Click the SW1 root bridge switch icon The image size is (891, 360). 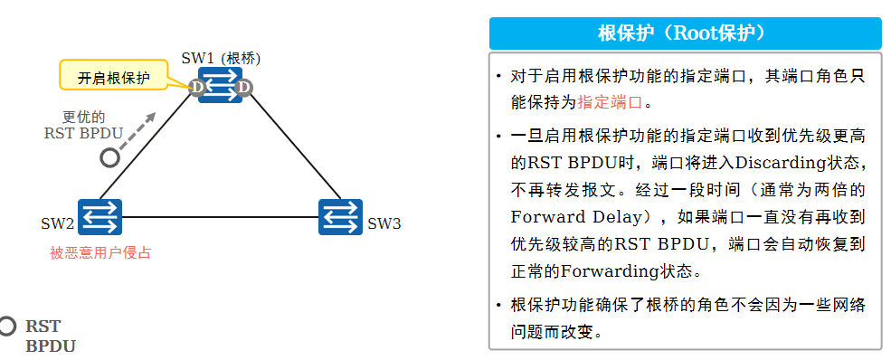click(221, 86)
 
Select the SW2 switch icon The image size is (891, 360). click(100, 217)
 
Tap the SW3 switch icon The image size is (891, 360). click(340, 217)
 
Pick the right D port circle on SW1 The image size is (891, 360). click(244, 88)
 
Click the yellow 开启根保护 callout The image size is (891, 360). click(114, 76)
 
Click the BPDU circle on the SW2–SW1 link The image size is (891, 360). click(109, 157)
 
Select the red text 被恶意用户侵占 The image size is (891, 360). click(100, 253)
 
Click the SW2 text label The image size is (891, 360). click(57, 223)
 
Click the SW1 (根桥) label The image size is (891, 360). click(221, 59)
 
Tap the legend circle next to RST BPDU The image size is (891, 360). click(8, 327)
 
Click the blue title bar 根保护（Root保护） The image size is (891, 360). click(685, 33)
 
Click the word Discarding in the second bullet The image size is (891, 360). click(782, 165)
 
